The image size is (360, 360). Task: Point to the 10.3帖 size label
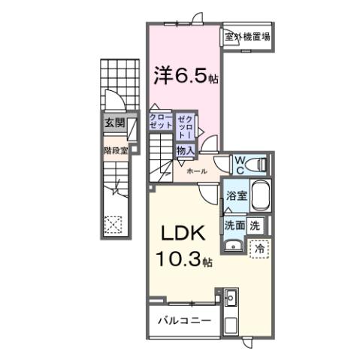pyautogui.click(x=184, y=261)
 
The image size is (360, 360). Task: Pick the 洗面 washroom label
pyautogui.click(x=234, y=224)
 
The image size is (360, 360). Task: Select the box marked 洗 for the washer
pyautogui.click(x=255, y=224)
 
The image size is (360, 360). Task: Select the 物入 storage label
pyautogui.click(x=185, y=150)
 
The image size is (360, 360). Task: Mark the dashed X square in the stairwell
pyautogui.click(x=113, y=223)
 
